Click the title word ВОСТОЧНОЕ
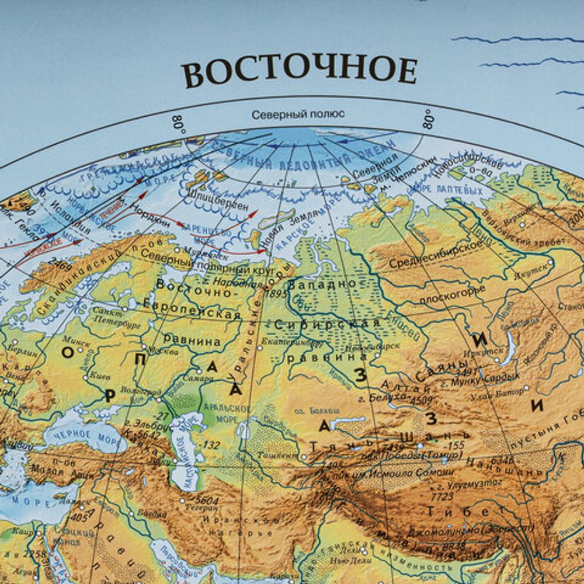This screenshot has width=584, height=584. point(299,71)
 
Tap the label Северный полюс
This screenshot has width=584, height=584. point(298,114)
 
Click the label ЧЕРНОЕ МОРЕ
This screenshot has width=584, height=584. point(77,435)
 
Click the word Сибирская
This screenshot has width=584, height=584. point(328,324)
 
